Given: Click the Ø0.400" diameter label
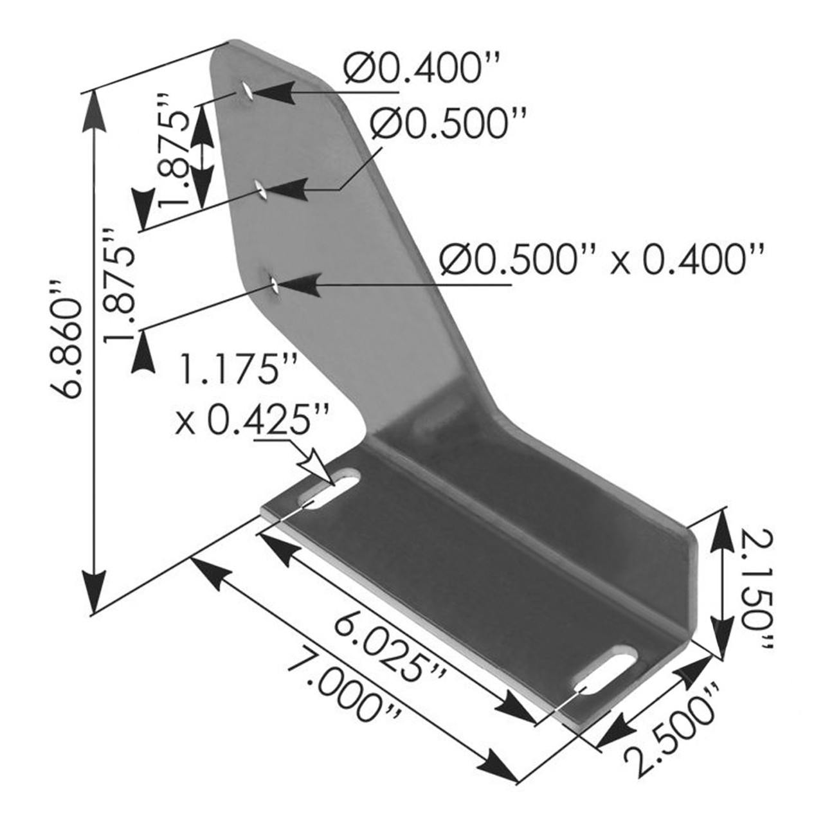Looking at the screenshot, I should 421,69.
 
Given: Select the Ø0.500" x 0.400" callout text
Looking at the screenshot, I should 601,260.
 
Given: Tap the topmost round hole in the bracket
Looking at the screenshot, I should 246,91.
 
